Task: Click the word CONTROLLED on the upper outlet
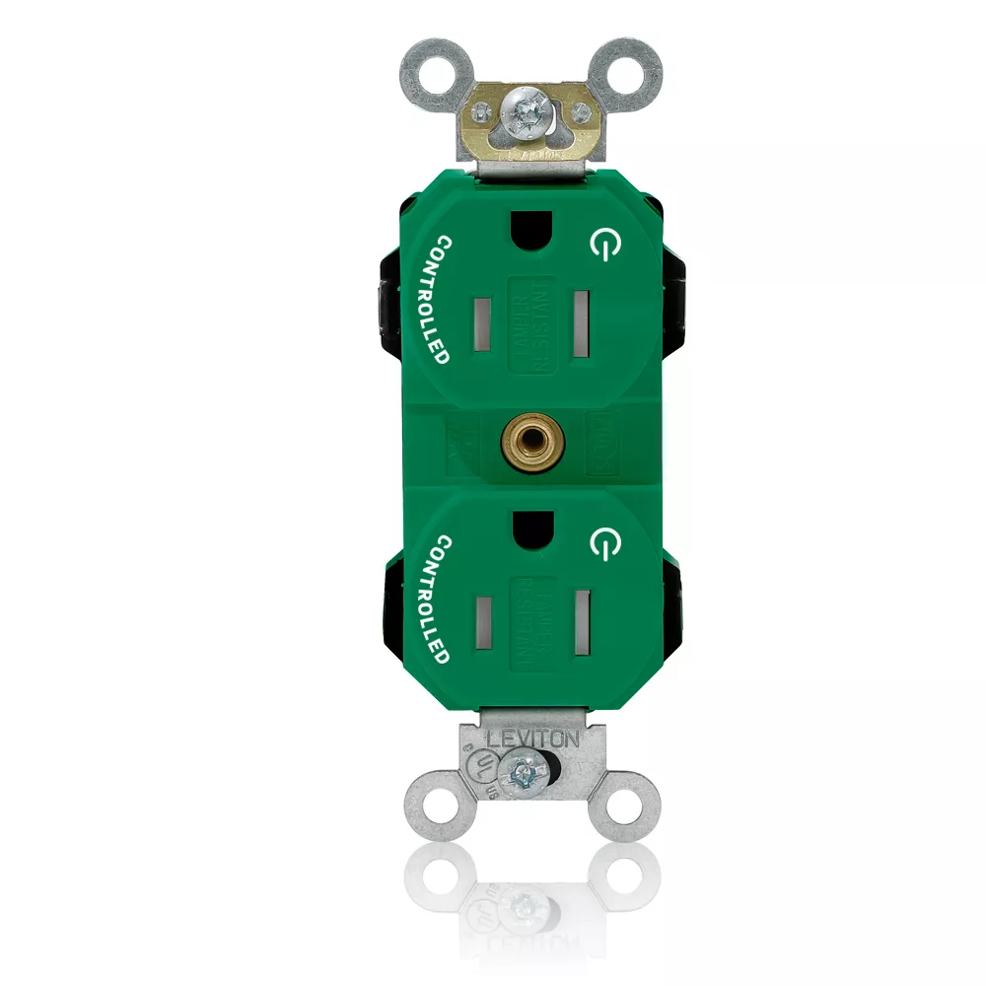pos(429,299)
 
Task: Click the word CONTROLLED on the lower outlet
pos(429,599)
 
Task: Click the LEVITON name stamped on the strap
pos(533,737)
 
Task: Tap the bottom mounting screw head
pos(522,772)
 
